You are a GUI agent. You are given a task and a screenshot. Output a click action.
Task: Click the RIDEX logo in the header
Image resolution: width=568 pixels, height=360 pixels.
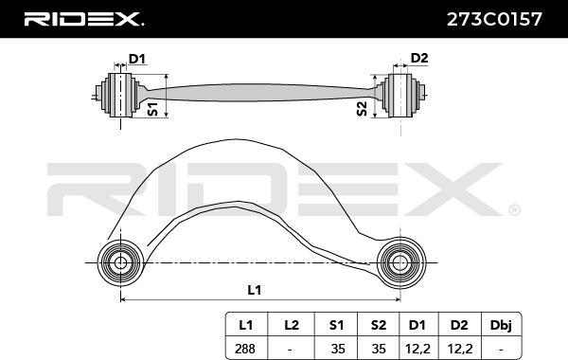[x=82, y=19]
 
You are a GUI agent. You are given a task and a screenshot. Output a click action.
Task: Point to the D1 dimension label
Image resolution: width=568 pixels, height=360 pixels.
[x=137, y=60]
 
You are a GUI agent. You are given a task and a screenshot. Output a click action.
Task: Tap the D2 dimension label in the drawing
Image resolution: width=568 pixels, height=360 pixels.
[x=419, y=59]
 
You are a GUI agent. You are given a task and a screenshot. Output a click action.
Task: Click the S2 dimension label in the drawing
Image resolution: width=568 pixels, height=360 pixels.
[x=363, y=107]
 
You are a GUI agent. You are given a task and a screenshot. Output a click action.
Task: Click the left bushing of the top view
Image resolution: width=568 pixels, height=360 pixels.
[x=121, y=94]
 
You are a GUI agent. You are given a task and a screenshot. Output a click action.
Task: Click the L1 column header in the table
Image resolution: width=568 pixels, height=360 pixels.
[x=245, y=325]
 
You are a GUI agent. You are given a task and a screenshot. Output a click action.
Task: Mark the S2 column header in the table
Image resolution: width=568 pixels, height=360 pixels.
[x=377, y=325]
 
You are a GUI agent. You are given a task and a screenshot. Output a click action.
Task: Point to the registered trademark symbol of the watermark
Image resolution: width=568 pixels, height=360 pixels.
[x=514, y=209]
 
